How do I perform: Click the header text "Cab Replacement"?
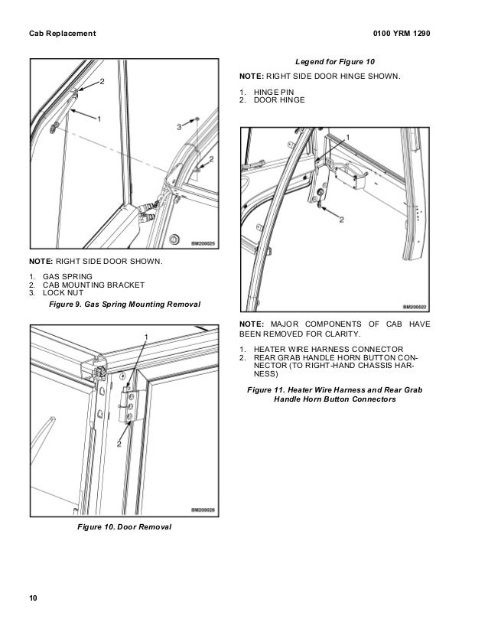pos(62,33)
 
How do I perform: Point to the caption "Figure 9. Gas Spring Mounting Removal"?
pos(124,305)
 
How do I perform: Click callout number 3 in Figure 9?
pos(178,124)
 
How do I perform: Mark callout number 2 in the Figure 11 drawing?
pos(341,219)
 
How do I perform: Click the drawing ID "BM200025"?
pos(202,243)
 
